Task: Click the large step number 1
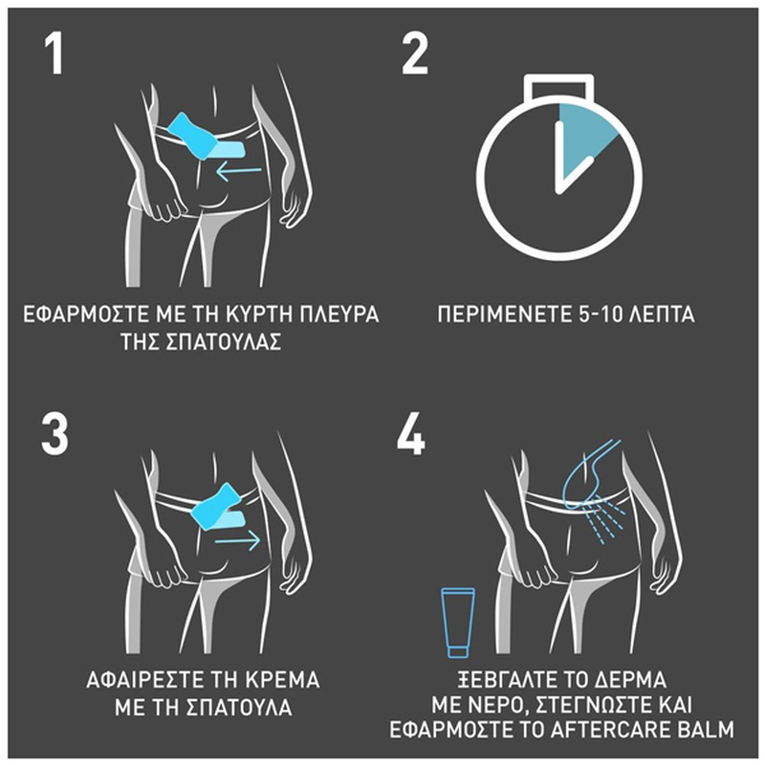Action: click(55, 55)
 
